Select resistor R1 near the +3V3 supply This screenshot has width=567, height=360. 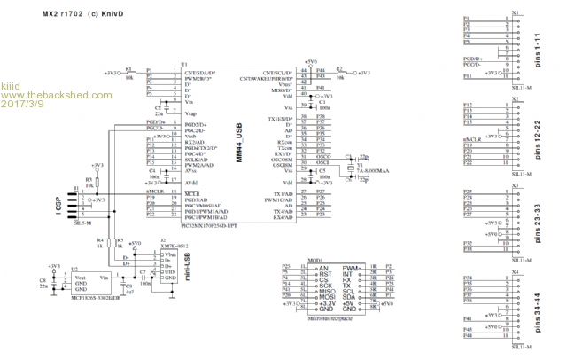pyautogui.click(x=129, y=71)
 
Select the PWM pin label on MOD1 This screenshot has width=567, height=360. pyautogui.click(x=349, y=267)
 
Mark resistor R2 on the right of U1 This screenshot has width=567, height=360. pyautogui.click(x=341, y=71)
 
